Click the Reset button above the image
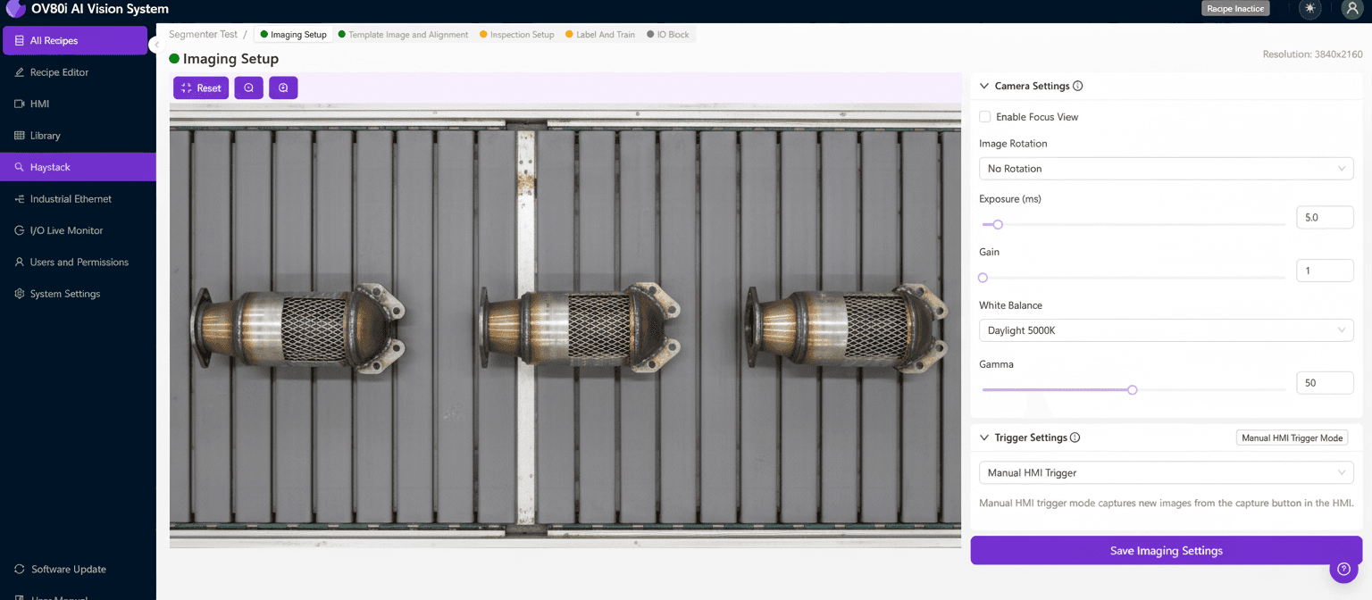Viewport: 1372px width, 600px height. point(201,88)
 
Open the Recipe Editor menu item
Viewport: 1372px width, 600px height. point(59,72)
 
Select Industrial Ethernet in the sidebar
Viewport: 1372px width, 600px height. point(71,199)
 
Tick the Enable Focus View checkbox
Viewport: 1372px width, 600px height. point(985,117)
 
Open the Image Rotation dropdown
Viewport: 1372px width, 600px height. point(1166,169)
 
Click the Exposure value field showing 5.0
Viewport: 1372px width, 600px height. point(1324,217)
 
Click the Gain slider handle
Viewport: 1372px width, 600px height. point(983,278)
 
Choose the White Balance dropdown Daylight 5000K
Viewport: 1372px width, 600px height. point(1166,330)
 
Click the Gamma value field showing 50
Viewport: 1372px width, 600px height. point(1324,383)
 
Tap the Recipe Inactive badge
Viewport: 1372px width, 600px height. point(1235,9)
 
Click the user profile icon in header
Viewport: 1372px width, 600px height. point(1351,9)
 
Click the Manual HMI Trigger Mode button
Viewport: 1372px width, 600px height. point(1292,437)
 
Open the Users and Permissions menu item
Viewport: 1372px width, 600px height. point(79,262)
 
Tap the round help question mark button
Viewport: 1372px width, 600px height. point(1343,569)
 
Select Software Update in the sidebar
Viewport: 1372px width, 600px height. point(68,570)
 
